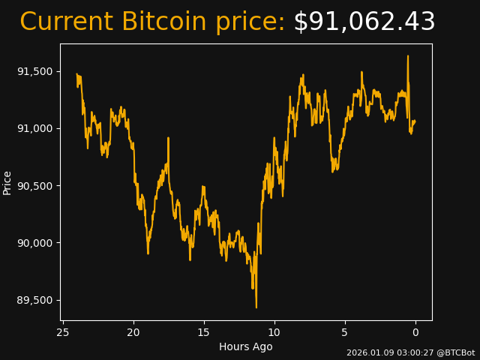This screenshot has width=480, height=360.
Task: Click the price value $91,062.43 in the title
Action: click(364, 22)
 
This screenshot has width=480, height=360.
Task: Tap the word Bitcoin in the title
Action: click(163, 22)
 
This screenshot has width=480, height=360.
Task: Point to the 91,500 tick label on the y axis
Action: click(36, 71)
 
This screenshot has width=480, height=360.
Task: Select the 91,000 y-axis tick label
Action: click(36, 128)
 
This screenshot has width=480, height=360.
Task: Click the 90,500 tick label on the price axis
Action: click(36, 186)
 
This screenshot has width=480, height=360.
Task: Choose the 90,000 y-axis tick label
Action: click(36, 243)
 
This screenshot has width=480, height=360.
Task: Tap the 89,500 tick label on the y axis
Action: click(36, 300)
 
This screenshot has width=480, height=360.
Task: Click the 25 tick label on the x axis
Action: click(63, 332)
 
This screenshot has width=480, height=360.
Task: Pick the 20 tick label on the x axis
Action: click(133, 332)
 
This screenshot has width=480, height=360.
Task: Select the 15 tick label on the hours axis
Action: click(204, 332)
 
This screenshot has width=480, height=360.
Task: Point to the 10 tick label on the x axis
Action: click(274, 332)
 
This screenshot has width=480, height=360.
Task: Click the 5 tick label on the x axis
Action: click(345, 332)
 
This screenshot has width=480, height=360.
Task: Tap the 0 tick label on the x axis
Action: click(415, 332)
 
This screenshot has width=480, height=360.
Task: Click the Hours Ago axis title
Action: click(246, 346)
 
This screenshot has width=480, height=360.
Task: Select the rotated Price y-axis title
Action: click(7, 182)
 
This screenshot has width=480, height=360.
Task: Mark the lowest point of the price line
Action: click(256, 307)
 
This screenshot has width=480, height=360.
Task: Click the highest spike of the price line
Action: click(408, 56)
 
